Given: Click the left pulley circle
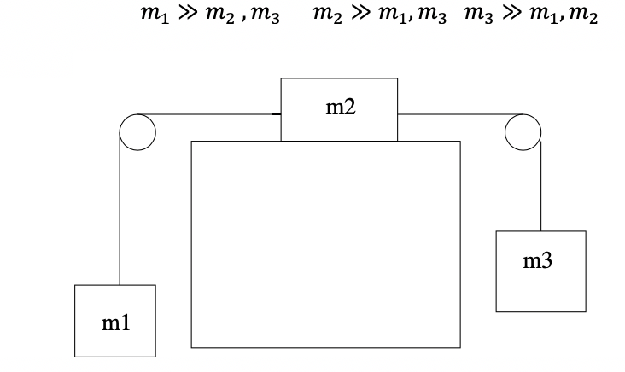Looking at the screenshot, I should [x=137, y=131].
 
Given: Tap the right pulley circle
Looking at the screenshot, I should [x=523, y=131].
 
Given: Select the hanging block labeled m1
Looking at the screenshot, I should [x=114, y=320].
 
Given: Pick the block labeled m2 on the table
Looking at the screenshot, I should [x=339, y=109].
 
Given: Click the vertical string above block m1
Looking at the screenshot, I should [x=120, y=213].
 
